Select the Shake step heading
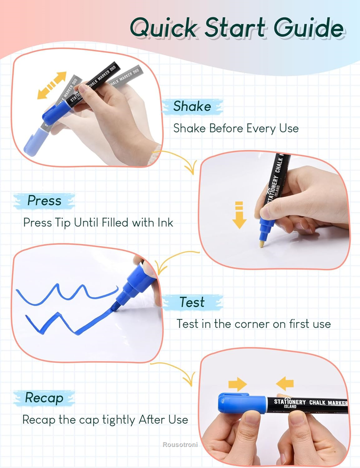(x=192, y=106)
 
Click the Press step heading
(x=44, y=200)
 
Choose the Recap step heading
(x=44, y=398)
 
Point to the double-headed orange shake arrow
(x=52, y=85)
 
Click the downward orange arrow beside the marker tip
(x=239, y=214)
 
